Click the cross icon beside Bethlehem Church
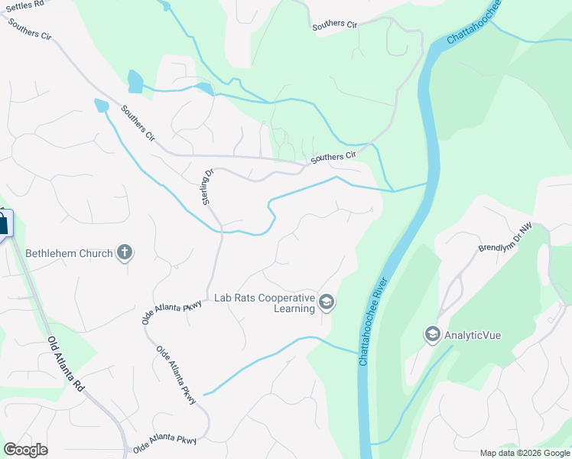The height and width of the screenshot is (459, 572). (x=125, y=252)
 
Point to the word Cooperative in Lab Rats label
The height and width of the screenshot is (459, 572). (x=287, y=298)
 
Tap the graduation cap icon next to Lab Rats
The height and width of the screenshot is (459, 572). (x=327, y=303)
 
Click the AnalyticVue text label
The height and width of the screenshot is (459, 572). (x=473, y=335)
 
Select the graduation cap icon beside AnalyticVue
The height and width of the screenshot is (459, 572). (x=433, y=335)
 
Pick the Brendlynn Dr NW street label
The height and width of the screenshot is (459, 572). (x=505, y=238)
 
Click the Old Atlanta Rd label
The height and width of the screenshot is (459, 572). (x=66, y=366)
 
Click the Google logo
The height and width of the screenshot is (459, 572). (x=25, y=449)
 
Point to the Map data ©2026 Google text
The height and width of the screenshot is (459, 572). (x=524, y=453)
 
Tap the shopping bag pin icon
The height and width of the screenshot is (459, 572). (x=3, y=224)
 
